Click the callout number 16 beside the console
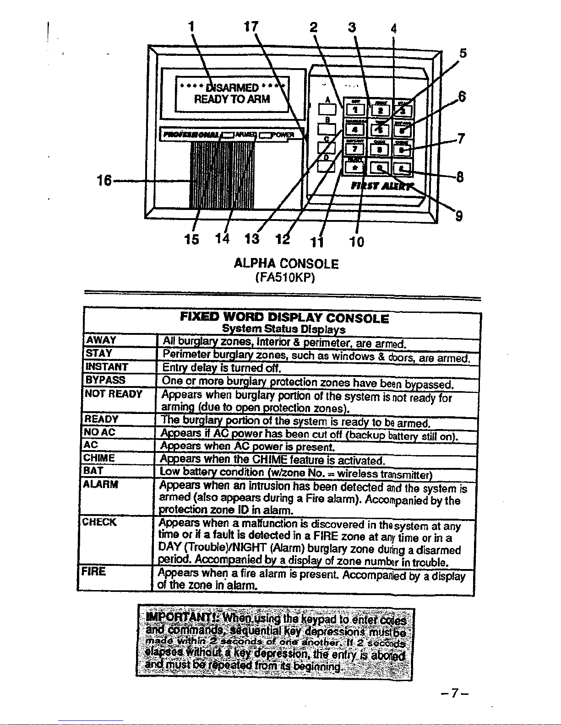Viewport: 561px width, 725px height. click(x=104, y=181)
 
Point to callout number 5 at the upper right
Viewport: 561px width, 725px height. click(x=463, y=54)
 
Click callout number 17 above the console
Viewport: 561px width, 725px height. click(x=251, y=27)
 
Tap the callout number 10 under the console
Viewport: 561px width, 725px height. click(x=357, y=242)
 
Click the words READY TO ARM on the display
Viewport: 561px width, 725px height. click(x=232, y=99)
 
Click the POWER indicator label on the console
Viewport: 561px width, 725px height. click(x=282, y=134)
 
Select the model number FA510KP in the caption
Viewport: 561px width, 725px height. click(x=286, y=278)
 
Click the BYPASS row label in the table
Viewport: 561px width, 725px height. click(x=105, y=380)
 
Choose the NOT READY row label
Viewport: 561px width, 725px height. click(x=114, y=394)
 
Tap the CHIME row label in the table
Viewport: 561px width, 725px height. click(x=99, y=458)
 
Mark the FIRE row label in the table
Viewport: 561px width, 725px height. click(x=93, y=571)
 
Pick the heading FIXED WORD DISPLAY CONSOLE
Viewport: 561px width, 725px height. click(x=284, y=318)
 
